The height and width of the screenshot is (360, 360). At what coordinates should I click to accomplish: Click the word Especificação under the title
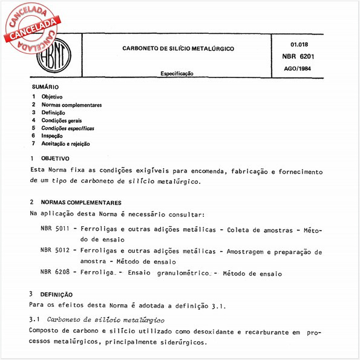click(177, 73)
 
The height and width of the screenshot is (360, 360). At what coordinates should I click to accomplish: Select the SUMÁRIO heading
click(45, 88)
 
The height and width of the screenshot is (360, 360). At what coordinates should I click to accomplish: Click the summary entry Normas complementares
click(71, 105)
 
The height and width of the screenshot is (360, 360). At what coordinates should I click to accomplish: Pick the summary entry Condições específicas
click(68, 128)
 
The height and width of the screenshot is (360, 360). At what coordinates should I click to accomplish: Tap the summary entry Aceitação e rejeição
click(65, 144)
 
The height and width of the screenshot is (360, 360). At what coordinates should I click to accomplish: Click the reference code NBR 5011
click(55, 230)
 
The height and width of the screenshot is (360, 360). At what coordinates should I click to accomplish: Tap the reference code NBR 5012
click(55, 251)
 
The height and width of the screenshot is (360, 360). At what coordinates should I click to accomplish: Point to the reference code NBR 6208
click(55, 273)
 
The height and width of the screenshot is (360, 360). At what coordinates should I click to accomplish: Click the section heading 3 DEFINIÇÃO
click(53, 293)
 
